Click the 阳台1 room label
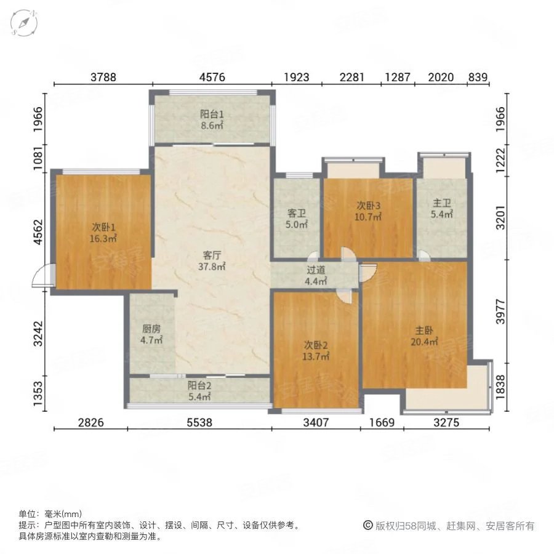click(211, 114)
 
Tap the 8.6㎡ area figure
click(211, 125)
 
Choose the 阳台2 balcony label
click(199, 386)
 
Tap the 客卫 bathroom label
click(297, 213)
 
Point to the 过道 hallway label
click(316, 270)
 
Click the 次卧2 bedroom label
click(316, 345)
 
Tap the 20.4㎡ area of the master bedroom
click(425, 342)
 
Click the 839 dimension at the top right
click(478, 77)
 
